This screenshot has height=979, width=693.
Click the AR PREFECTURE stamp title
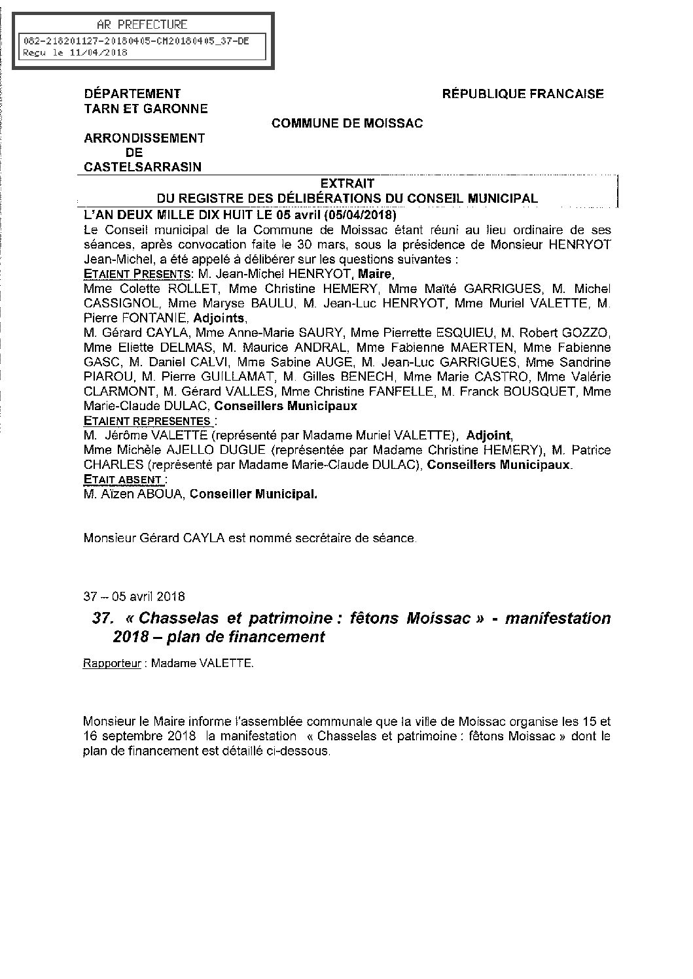click(x=141, y=25)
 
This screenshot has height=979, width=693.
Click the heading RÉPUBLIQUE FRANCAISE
click(x=523, y=94)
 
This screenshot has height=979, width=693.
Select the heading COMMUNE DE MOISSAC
click(x=347, y=124)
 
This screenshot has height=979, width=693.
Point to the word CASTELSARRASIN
click(x=143, y=167)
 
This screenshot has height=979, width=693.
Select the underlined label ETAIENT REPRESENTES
click(x=147, y=421)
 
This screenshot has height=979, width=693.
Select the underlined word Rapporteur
click(x=112, y=663)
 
